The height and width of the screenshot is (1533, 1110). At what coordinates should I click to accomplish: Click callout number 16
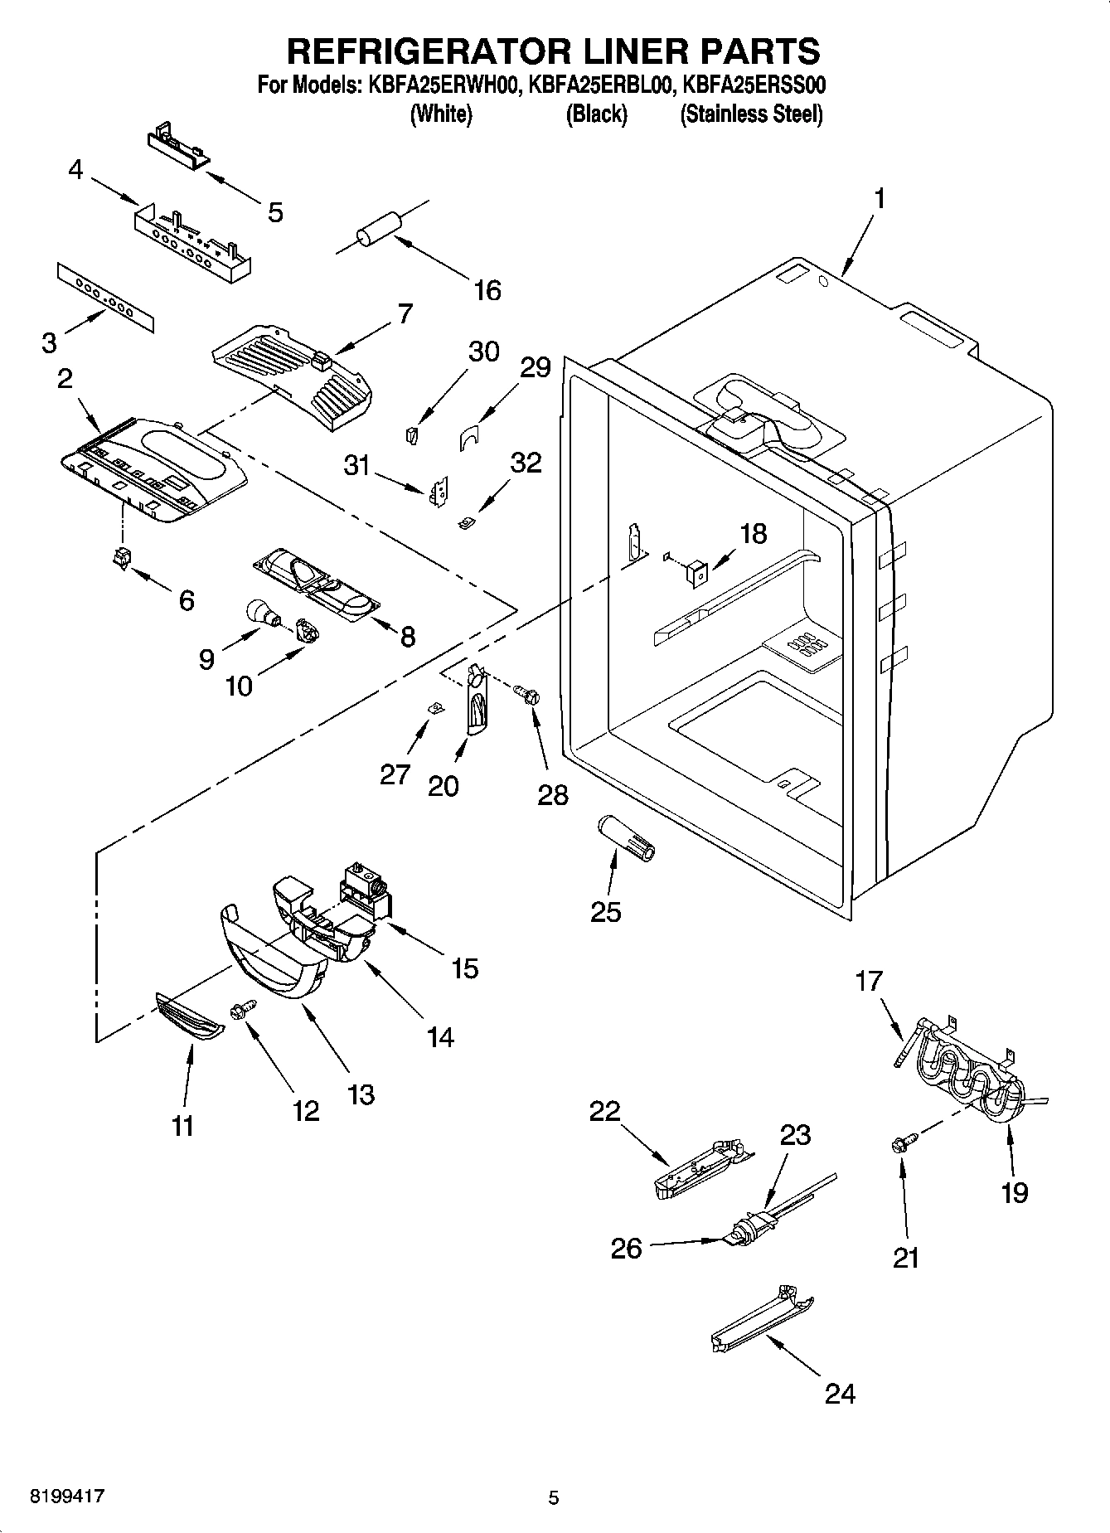point(487,290)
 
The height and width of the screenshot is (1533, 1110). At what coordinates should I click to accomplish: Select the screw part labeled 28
point(526,693)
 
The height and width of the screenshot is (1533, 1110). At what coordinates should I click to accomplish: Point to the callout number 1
point(880,199)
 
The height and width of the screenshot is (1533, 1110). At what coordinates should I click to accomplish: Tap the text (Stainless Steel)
point(751,114)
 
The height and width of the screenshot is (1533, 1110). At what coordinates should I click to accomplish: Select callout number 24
point(839,1394)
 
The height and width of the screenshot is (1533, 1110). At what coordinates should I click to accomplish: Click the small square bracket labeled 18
point(696,571)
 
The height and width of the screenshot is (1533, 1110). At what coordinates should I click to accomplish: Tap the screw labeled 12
point(245,1008)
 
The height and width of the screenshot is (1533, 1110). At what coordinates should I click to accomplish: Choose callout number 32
point(526,462)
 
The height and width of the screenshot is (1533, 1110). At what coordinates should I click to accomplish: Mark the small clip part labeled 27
point(431,706)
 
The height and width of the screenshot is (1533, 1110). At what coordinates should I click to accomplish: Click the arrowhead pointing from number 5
point(208,176)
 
